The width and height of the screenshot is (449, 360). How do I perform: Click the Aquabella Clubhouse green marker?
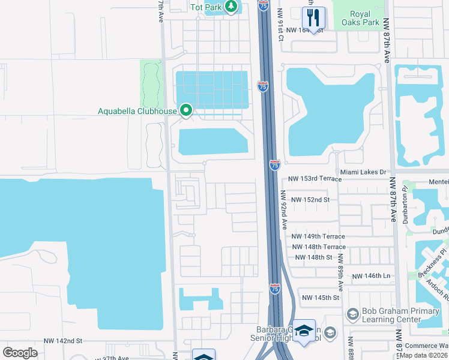coord(186,110)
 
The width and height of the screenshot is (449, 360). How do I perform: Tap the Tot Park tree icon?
coord(231,7)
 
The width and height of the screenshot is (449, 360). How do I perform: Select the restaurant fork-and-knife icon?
coord(313,17)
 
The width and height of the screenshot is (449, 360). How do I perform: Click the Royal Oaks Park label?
coord(360,18)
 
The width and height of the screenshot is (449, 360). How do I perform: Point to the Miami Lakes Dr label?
coord(362,172)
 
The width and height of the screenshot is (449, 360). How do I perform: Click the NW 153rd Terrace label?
coord(315,179)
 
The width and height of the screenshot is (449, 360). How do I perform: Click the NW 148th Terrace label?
coord(319,247)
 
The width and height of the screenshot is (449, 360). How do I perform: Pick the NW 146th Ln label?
coord(372,276)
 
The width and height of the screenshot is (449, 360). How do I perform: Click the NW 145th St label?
coord(321,298)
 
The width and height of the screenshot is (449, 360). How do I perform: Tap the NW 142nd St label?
coord(62,341)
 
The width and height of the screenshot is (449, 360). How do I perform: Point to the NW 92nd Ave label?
coord(283,211)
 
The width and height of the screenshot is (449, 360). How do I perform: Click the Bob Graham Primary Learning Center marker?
coord(352,314)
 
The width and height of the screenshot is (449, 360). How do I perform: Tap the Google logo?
coord(20,352)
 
